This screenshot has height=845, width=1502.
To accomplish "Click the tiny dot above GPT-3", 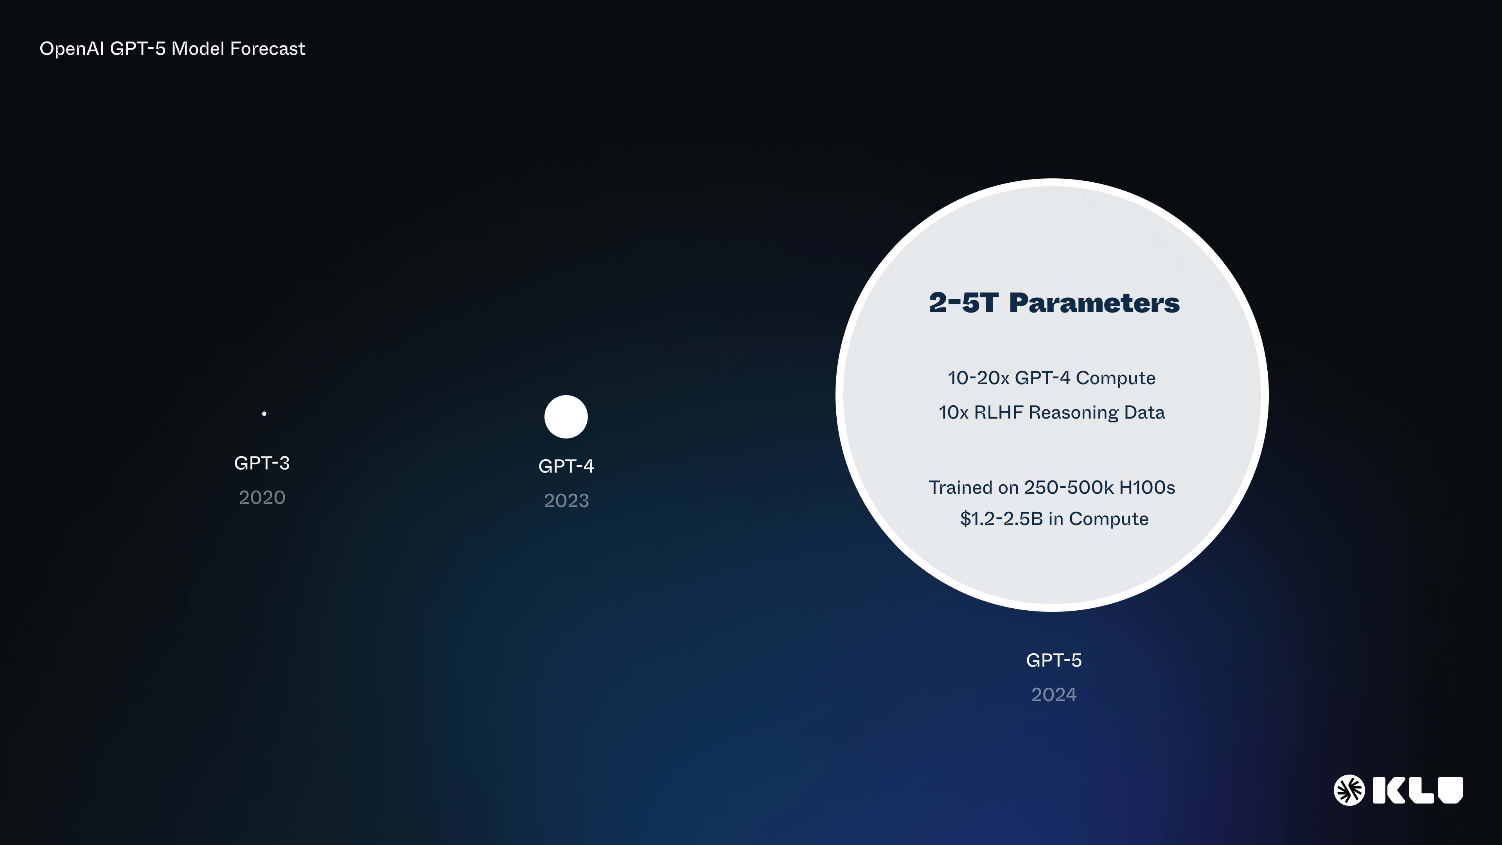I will (264, 414).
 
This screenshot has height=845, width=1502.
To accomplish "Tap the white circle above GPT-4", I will (566, 416).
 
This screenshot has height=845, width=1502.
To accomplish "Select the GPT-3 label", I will (262, 463).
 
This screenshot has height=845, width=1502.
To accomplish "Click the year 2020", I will (262, 498).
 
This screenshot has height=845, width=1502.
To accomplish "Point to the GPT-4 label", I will (566, 466).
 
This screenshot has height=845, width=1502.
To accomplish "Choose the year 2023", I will (566, 500).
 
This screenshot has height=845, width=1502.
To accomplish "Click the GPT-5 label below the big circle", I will (1054, 660).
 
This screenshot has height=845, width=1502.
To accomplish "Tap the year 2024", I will (1054, 694).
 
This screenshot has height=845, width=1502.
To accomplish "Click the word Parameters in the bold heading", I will (1094, 303).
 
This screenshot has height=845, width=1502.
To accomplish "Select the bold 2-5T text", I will (963, 303).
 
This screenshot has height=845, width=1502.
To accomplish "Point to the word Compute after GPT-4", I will (1116, 378).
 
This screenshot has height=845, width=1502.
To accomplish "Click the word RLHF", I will (998, 412).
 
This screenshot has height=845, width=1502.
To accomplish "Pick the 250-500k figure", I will (1069, 487).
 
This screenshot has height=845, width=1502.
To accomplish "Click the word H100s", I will (1147, 487).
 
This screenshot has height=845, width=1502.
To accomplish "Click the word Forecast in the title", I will (268, 49).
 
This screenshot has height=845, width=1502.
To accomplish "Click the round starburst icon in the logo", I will (1349, 790).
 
